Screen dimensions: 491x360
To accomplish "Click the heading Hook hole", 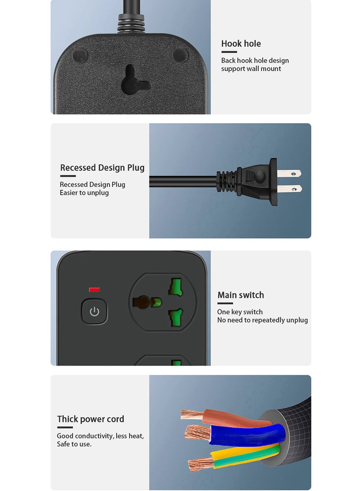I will pos(241,44).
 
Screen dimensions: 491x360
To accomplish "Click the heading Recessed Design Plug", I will pos(102,168).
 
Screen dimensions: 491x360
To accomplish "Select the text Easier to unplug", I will pos(84,193).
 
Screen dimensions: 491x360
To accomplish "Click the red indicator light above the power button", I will pos(94,290).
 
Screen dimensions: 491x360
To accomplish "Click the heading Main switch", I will pos(241,295).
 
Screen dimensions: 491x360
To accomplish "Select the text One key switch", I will pos(240,312).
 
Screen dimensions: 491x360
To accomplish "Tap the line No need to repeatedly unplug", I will pos(262,320).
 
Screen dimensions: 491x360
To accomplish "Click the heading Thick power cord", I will pos(90,419).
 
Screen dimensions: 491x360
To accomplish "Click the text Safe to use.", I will pos(74,444).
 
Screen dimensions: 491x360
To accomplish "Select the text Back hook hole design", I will pos(255,61).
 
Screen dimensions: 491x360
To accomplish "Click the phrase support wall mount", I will pos(251,69).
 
